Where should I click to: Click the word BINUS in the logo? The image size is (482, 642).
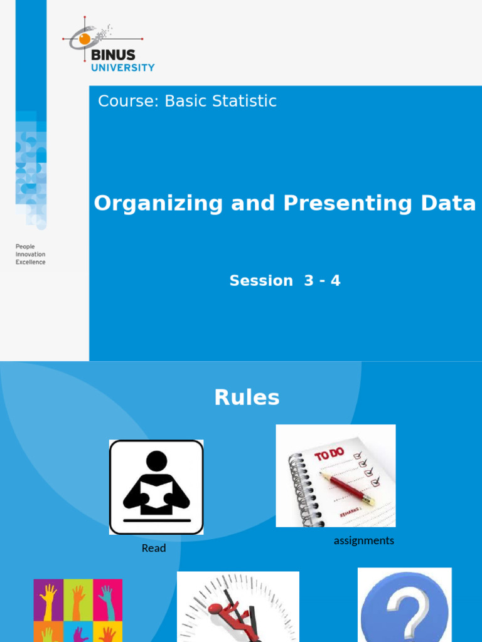click(113, 55)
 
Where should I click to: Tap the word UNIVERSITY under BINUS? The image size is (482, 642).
click(122, 68)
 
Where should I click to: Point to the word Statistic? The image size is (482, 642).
click(246, 101)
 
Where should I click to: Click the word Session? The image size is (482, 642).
click(261, 281)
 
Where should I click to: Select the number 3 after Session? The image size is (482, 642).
click(308, 281)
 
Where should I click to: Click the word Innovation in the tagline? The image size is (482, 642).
click(31, 255)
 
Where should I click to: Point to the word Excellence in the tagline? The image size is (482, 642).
click(31, 262)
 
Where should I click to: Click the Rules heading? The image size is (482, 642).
click(247, 397)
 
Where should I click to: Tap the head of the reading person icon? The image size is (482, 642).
click(156, 461)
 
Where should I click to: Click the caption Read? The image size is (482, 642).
click(154, 548)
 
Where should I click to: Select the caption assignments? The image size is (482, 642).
click(364, 540)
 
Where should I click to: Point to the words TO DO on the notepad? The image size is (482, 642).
click(329, 454)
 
